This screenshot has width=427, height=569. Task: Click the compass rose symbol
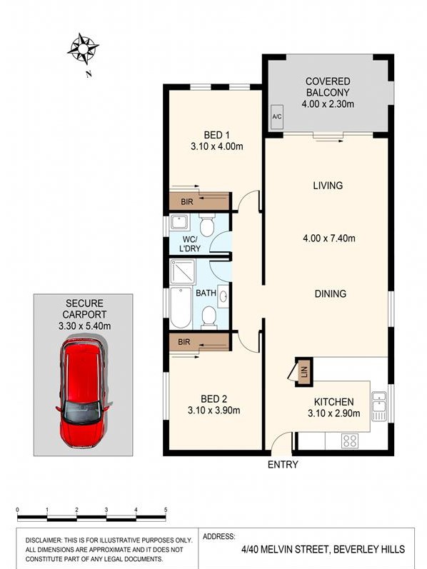point(83,49)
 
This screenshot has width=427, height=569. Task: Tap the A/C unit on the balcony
point(277,116)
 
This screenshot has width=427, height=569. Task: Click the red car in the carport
point(84,393)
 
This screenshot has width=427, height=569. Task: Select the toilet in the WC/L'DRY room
point(207,225)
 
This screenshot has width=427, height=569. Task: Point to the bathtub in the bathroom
point(181,307)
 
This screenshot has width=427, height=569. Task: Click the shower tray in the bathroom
point(183,271)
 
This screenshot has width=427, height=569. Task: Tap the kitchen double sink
point(379,406)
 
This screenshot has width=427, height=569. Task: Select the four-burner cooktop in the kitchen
point(350,441)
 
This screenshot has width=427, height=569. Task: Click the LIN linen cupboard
point(304,372)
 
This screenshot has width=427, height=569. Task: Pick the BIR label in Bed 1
point(187,201)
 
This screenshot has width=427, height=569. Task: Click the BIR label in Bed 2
point(184,342)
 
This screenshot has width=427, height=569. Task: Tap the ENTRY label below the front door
point(283,465)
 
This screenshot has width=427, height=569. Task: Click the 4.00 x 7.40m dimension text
point(329,238)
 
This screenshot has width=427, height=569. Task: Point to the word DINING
point(331,293)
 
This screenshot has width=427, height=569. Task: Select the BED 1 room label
point(217,136)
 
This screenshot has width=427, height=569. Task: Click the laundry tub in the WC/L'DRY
point(179,222)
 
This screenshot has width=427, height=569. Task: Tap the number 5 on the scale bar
point(166,510)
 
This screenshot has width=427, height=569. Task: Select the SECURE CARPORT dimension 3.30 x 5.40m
point(84,326)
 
